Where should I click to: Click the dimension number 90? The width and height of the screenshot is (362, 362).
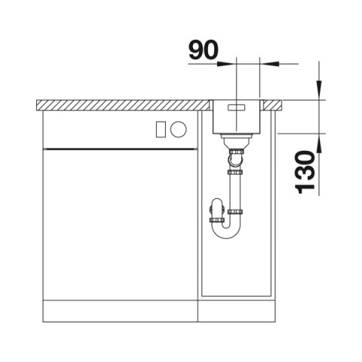(x=204, y=50)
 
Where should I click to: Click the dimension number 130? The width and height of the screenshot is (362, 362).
(x=306, y=172)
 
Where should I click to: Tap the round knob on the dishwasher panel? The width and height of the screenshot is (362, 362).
(x=178, y=129)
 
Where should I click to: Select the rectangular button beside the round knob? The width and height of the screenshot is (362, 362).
(x=161, y=129)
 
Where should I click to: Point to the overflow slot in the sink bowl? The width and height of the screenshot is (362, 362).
(x=236, y=108)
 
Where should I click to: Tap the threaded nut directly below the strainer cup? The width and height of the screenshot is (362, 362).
(x=236, y=152)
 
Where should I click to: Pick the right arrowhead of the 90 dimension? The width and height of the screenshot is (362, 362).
(x=269, y=64)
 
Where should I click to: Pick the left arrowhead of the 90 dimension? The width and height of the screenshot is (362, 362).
(x=226, y=64)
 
